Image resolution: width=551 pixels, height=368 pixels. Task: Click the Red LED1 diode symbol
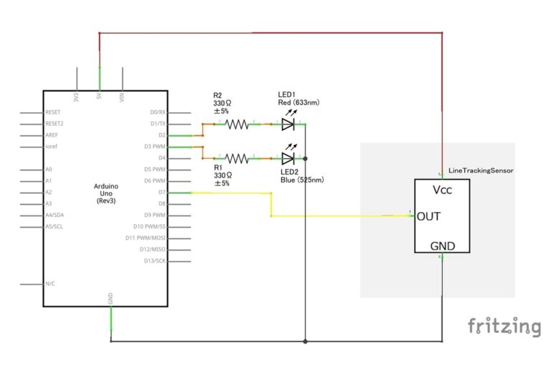288,124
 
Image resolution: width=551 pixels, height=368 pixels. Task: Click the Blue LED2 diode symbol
288,157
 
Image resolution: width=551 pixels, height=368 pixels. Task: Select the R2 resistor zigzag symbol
237,124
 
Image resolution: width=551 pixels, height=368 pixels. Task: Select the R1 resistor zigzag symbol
237,157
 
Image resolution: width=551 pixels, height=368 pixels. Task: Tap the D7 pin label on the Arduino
163,193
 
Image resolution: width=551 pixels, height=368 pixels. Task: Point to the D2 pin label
163,135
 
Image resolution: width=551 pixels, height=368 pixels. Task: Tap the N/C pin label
50,284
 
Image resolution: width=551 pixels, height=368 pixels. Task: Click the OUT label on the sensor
428,216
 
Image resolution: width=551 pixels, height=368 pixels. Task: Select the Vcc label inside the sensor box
442,190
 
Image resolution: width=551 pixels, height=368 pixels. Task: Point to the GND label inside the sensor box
442,246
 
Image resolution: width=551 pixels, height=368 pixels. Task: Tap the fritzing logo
504,326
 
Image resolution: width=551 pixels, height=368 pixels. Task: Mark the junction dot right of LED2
306,157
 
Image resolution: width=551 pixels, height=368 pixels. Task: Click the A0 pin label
49,170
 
